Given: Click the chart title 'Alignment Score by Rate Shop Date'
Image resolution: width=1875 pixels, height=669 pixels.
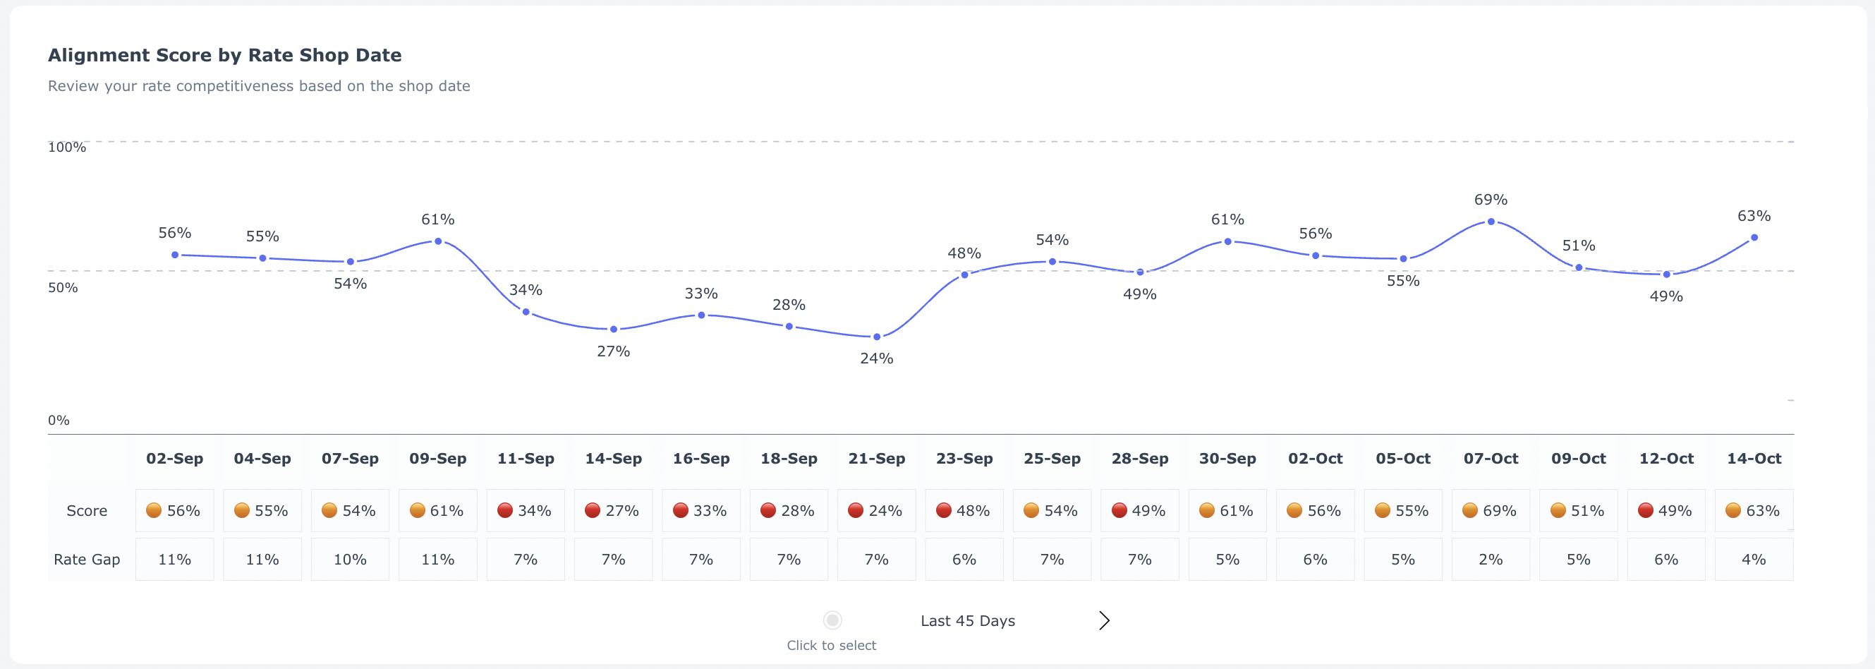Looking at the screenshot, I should pyautogui.click(x=224, y=55).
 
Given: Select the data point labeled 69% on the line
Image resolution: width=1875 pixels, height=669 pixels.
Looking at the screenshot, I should pyautogui.click(x=1491, y=222).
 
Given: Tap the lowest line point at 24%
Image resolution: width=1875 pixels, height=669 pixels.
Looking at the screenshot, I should pyautogui.click(x=876, y=337).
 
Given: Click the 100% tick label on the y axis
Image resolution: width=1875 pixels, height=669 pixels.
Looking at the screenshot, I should pyautogui.click(x=67, y=147).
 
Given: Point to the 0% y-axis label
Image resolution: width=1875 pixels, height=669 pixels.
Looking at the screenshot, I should pyautogui.click(x=59, y=420).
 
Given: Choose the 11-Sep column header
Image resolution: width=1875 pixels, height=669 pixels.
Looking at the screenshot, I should pyautogui.click(x=526, y=459).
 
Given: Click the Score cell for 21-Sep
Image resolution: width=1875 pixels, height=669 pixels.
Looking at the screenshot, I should pyautogui.click(x=876, y=510).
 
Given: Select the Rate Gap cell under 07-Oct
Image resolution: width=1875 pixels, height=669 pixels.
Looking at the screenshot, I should pyautogui.click(x=1491, y=559).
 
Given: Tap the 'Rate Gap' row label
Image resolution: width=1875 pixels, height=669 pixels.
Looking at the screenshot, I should pyautogui.click(x=87, y=559).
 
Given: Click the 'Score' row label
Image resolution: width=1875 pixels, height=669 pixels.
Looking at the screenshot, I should pyautogui.click(x=87, y=510).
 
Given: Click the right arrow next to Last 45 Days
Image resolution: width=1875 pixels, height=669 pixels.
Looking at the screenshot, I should pyautogui.click(x=1103, y=620).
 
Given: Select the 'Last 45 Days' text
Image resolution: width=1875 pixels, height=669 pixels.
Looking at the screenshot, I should pyautogui.click(x=967, y=621).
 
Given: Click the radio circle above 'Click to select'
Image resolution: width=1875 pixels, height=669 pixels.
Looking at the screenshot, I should pyautogui.click(x=832, y=620).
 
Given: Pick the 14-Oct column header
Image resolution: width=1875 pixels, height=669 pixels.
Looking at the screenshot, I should pyautogui.click(x=1754, y=459).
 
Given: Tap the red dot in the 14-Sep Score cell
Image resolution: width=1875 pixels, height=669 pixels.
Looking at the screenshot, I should pyautogui.click(x=593, y=510).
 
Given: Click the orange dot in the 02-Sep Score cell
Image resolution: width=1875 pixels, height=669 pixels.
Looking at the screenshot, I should pyautogui.click(x=154, y=510).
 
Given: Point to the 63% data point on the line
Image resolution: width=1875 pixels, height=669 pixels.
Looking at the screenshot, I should pyautogui.click(x=1754, y=237).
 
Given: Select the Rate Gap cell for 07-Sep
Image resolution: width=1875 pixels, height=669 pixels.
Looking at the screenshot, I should pyautogui.click(x=350, y=559).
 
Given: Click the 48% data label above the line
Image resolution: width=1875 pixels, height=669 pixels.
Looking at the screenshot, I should pyautogui.click(x=964, y=253).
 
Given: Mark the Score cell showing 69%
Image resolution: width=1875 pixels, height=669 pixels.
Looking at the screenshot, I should pyautogui.click(x=1491, y=510).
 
